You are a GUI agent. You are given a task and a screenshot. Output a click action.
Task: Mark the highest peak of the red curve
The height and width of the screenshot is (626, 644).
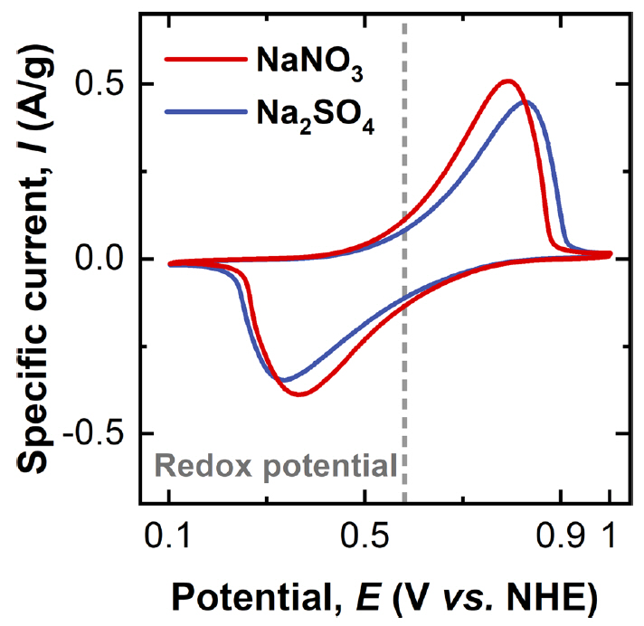click(508, 81)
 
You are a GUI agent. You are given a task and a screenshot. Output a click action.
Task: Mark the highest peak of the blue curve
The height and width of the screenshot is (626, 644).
click(526, 102)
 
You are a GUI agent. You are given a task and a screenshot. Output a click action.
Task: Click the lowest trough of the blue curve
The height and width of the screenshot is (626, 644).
click(283, 379)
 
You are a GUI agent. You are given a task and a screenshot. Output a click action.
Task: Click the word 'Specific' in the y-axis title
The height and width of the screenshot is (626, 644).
click(34, 400)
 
